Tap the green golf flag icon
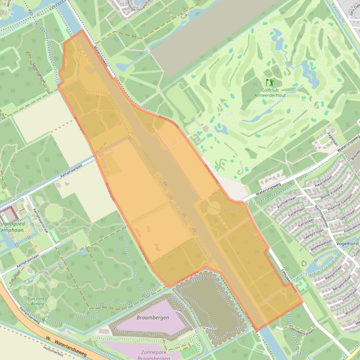point(269,82)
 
